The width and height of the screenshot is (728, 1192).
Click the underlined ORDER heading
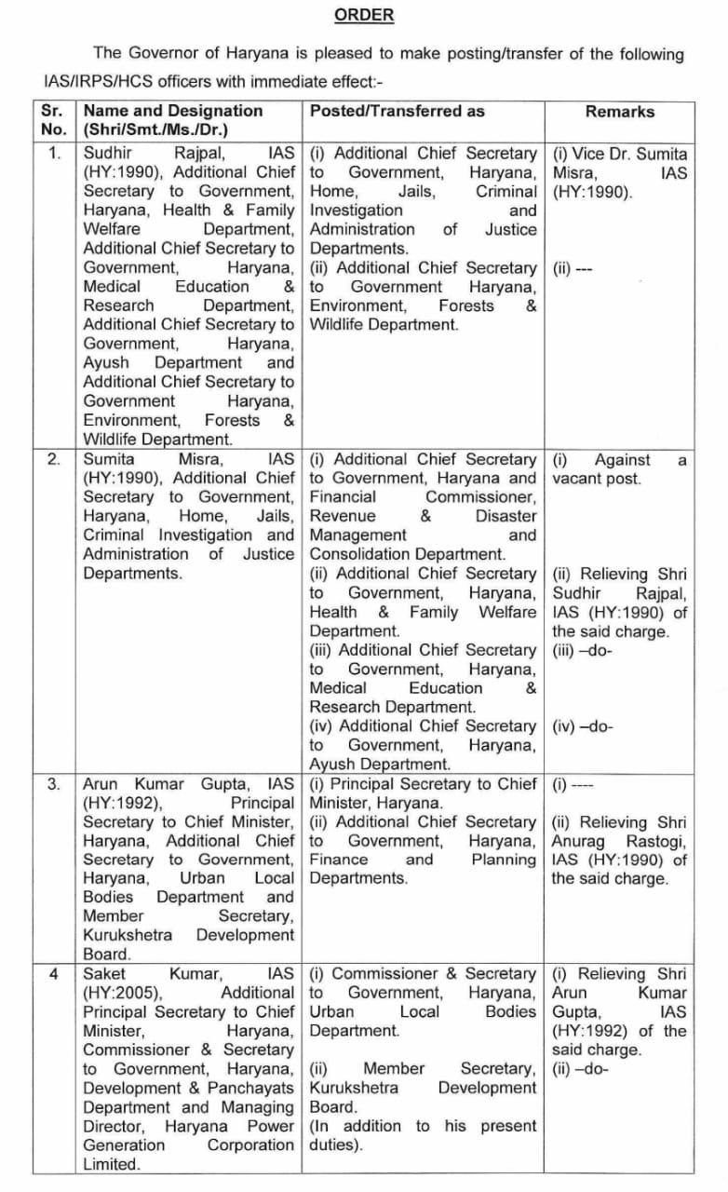click(x=363, y=15)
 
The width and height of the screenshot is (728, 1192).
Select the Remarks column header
click(x=619, y=112)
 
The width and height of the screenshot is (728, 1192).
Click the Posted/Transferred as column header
click(x=398, y=111)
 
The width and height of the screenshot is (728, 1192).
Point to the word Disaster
click(x=506, y=516)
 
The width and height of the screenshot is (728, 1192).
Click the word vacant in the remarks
click(x=579, y=479)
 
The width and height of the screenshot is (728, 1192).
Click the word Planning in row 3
click(x=504, y=860)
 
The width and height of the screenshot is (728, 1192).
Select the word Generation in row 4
click(x=124, y=1145)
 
